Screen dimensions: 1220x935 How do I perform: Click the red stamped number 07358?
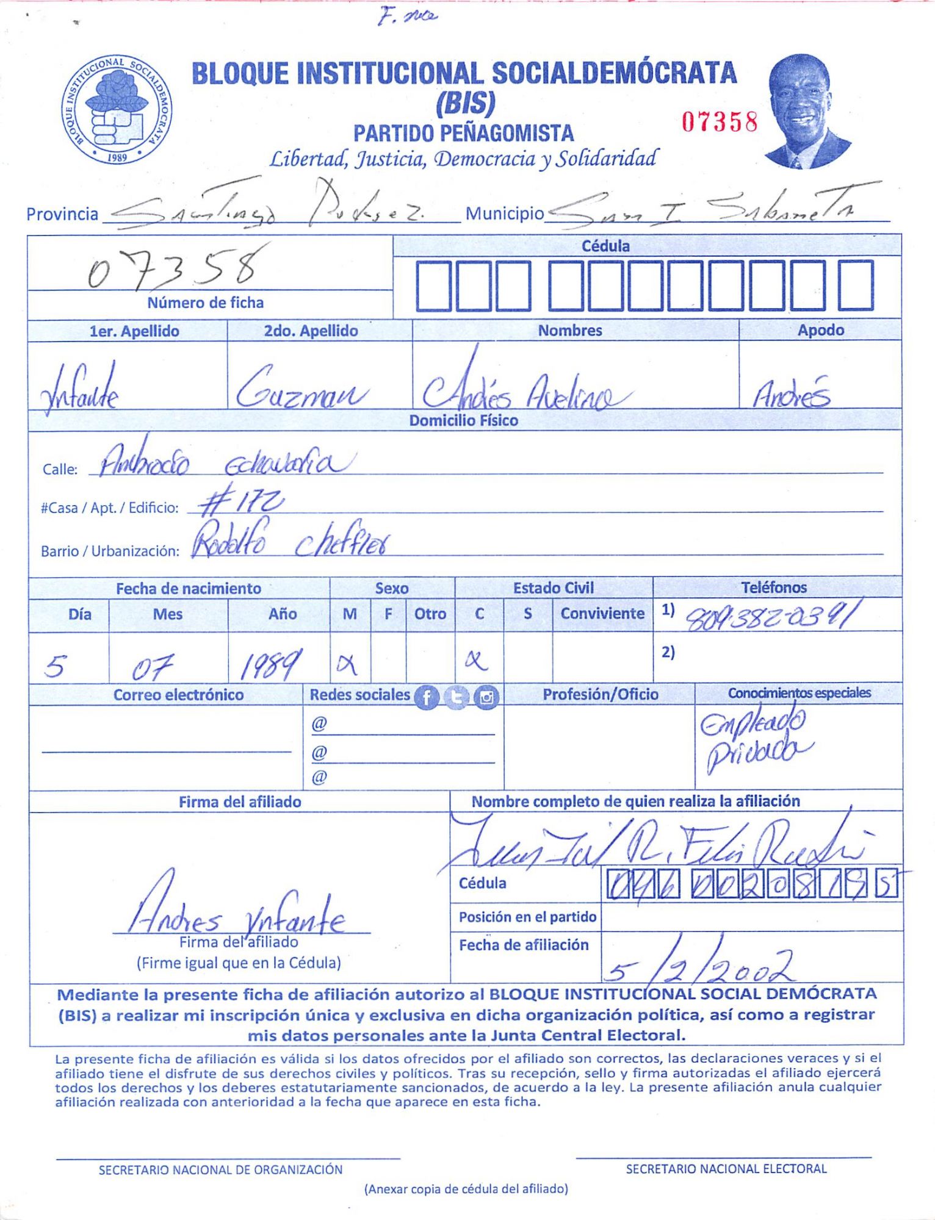point(720,122)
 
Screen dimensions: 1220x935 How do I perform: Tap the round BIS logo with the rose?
point(117,110)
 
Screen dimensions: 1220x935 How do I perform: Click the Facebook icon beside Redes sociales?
point(427,697)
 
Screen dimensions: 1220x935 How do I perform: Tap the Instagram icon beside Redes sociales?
point(486,697)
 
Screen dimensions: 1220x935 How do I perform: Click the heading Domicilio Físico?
point(463,420)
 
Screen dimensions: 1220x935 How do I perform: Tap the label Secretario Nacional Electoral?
point(726,1169)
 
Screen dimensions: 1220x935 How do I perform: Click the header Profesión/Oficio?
point(600,694)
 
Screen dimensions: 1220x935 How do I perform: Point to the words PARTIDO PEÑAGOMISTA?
point(463,132)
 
